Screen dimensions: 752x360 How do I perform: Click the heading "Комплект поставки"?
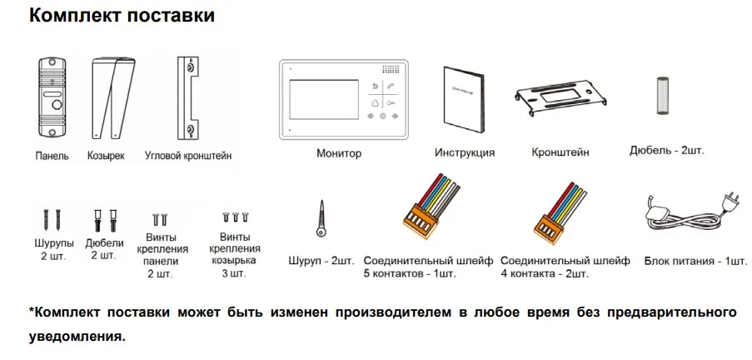pos(122,15)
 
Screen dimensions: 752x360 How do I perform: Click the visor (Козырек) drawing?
pos(113,97)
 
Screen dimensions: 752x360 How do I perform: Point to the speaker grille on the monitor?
pos(391,70)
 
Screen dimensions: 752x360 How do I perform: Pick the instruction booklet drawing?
pos(463,99)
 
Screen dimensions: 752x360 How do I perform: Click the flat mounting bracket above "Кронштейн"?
pos(560,97)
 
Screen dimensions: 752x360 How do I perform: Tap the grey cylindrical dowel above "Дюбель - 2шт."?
pos(662,95)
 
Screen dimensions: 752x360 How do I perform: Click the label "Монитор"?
pos(339,153)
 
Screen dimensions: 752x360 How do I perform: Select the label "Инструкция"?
pos(464,152)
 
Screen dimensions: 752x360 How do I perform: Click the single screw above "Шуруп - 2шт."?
pos(321,218)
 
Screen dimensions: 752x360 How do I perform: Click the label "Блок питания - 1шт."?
pos(695,261)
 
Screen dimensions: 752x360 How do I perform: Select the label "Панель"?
pos(52,156)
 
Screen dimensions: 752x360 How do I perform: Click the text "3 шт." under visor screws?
pos(235,273)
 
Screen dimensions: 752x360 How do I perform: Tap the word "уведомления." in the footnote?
pos(77,336)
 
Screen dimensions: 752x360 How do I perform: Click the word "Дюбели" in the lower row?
pos(104,242)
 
